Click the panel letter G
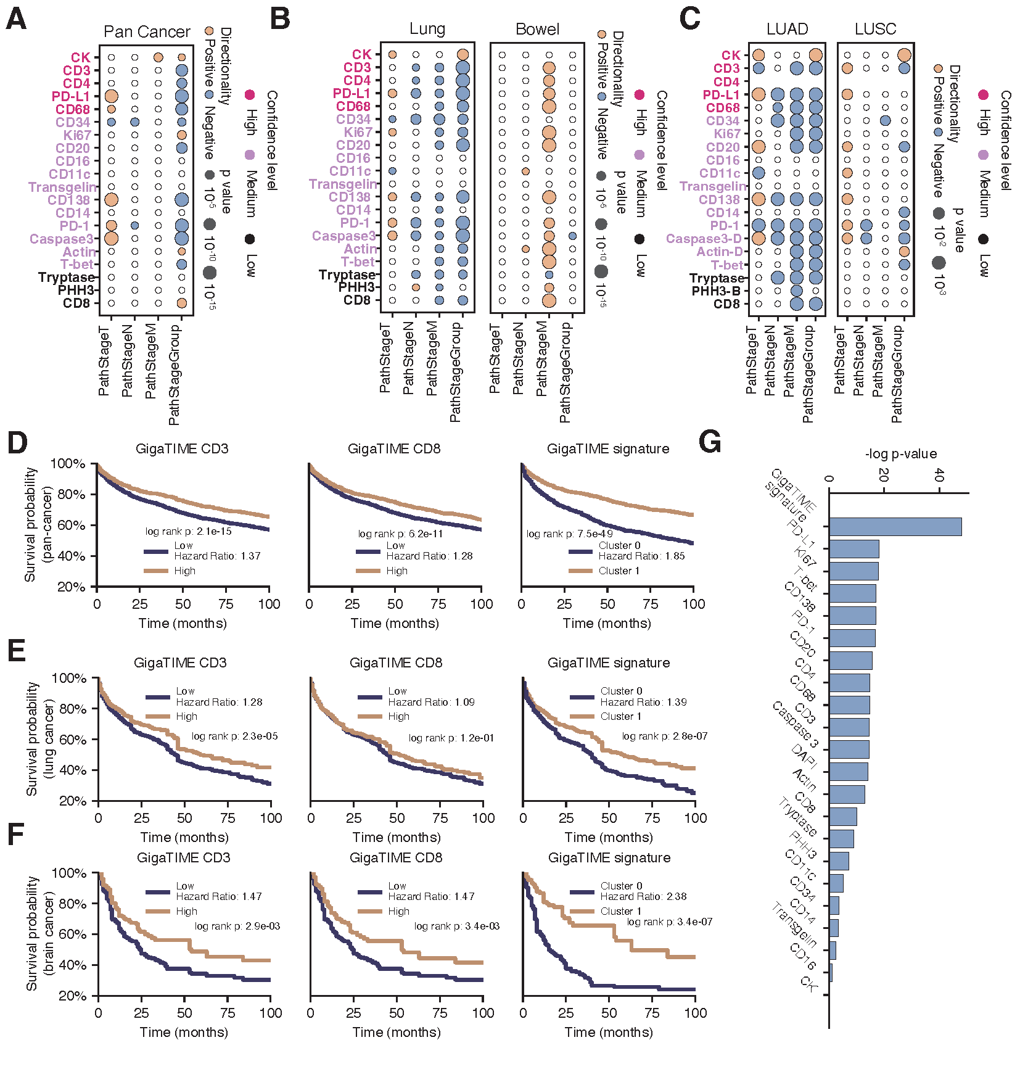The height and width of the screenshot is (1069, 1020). coord(710,442)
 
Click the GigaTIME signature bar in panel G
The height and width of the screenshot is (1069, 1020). coord(894,527)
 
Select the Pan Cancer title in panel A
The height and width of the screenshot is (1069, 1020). coord(147,31)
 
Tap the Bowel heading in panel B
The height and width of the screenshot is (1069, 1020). coord(537,29)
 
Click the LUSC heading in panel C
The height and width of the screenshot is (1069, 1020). coord(875,29)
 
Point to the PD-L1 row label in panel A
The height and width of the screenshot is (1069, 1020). coord(71,96)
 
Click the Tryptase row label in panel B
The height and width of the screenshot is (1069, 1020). coord(347,274)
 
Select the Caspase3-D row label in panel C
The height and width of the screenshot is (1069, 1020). coord(704,239)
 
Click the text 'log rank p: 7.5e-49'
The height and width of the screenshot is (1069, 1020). coord(569,534)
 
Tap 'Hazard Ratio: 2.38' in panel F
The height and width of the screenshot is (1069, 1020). coord(643,896)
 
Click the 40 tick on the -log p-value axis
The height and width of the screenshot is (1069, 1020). coord(939,476)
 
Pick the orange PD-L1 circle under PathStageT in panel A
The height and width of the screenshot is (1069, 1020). coord(111,96)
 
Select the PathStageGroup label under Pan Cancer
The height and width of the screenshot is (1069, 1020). coord(175,374)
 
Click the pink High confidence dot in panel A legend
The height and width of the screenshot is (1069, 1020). coord(250,94)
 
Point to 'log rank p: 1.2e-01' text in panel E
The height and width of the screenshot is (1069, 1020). coord(451,738)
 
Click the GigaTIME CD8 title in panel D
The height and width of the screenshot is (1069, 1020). coord(394,448)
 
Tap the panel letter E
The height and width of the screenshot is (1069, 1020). coord(17,650)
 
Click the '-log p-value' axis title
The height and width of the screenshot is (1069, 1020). coord(900,454)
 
